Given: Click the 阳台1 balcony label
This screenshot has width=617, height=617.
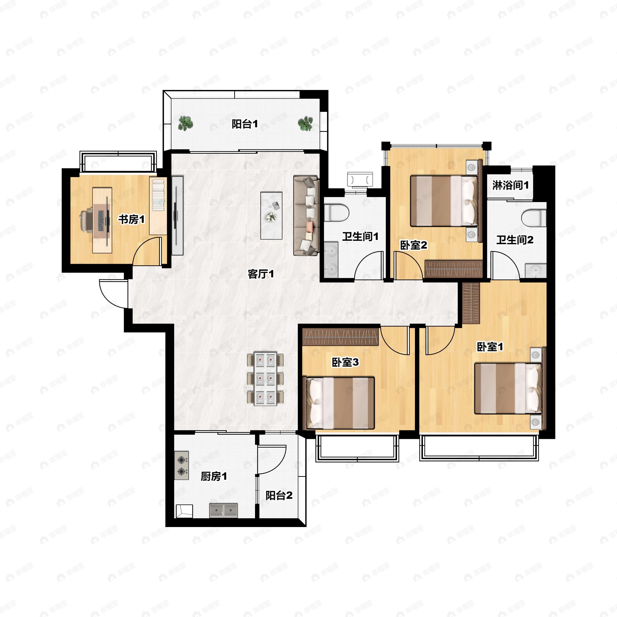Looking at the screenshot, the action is click(245, 124).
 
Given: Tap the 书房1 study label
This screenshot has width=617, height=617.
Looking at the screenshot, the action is click(132, 219).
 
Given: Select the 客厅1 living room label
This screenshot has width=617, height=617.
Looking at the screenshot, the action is click(261, 274).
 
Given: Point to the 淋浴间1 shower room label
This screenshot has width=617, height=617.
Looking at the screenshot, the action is click(510, 185).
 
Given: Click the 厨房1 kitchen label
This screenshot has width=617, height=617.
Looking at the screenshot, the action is click(214, 476).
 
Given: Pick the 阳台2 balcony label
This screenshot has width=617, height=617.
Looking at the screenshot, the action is click(279, 495).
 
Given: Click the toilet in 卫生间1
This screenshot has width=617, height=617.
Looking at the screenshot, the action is click(336, 213).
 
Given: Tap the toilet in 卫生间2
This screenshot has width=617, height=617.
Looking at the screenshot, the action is click(534, 218).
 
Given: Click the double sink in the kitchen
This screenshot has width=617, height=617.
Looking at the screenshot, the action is click(224, 511).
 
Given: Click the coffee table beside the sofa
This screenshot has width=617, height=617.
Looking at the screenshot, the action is click(271, 216).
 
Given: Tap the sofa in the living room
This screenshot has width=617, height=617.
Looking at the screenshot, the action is click(306, 216).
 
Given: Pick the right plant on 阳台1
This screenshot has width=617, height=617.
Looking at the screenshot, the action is click(305, 123).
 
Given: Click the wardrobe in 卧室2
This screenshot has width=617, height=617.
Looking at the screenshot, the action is click(453, 269).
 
